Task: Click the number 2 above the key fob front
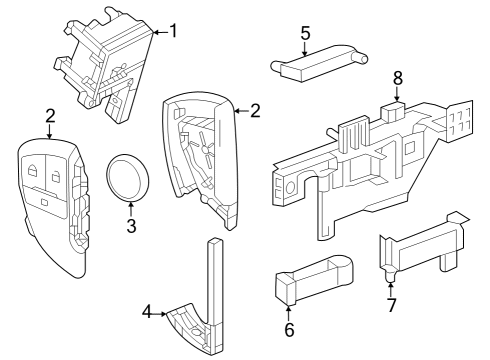click(x=50, y=117)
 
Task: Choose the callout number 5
click(x=305, y=33)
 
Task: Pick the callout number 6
click(x=290, y=329)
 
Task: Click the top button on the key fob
click(x=36, y=167)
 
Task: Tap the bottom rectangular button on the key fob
click(x=48, y=202)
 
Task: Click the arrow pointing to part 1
click(x=158, y=32)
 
